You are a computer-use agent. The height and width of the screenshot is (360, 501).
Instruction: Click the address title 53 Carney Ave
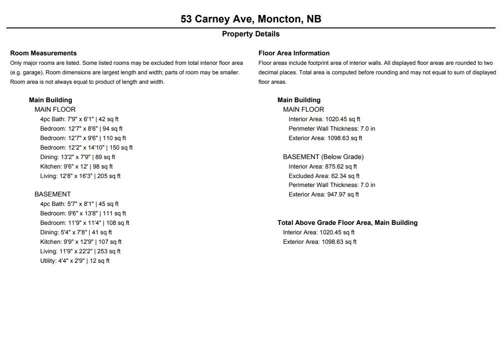(x=250, y=19)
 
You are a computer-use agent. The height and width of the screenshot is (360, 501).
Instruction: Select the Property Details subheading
(x=250, y=34)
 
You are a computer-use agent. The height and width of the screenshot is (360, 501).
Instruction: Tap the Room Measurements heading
(x=43, y=53)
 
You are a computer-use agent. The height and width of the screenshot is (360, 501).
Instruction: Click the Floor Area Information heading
(x=294, y=53)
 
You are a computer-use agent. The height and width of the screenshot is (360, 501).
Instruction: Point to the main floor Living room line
(x=80, y=176)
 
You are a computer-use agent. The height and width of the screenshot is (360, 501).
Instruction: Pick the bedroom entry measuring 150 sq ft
(x=86, y=148)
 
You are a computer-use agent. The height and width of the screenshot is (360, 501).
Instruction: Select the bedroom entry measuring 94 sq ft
(x=81, y=129)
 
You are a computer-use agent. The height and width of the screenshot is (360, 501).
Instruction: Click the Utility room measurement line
(x=75, y=261)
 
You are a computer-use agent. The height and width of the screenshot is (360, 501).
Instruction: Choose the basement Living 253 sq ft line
(x=80, y=251)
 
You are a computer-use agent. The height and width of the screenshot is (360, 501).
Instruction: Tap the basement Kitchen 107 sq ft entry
(x=81, y=242)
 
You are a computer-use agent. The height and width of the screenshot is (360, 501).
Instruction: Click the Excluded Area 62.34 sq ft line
(x=324, y=176)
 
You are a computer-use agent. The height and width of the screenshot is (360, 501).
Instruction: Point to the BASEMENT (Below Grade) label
(x=323, y=157)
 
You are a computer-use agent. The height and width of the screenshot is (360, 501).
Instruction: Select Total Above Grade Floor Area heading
(x=347, y=222)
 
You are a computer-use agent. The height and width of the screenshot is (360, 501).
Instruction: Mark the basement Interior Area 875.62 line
(x=322, y=167)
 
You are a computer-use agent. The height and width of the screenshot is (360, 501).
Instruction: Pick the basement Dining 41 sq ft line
(x=76, y=232)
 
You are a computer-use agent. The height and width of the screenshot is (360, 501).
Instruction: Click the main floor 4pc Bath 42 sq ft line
(x=79, y=119)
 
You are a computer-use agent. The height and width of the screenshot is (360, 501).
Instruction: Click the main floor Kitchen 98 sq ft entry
(x=76, y=167)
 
